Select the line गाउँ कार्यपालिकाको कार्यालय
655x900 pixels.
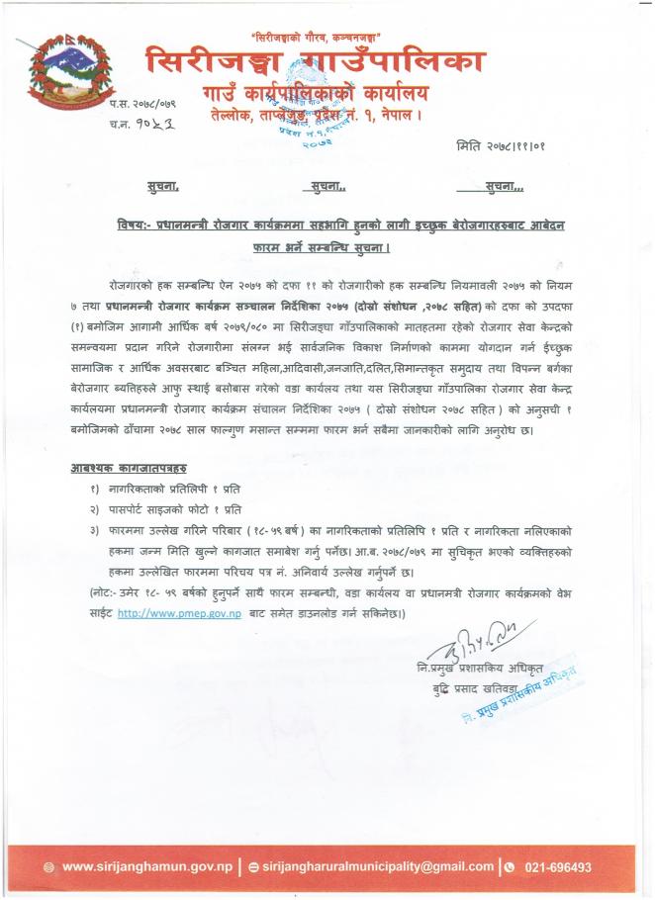click(316, 94)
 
